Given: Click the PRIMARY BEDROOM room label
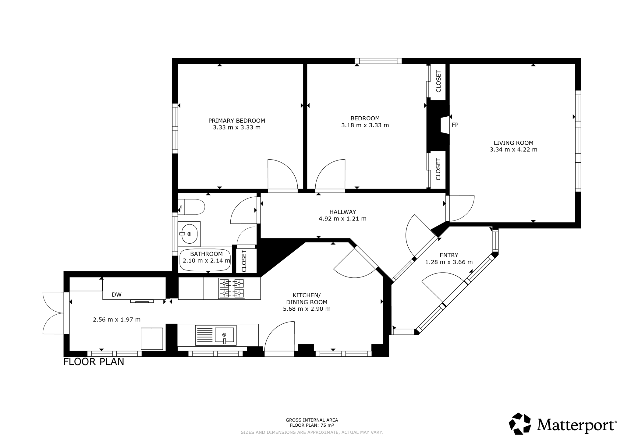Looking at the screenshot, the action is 237,121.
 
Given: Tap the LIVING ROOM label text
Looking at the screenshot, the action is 513,143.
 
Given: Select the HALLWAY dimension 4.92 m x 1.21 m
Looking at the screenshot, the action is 342,219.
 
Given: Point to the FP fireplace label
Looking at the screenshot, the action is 455,125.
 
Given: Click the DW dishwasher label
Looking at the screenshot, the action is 117,295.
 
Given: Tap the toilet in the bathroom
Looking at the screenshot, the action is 191,207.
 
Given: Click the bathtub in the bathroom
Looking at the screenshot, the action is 205,260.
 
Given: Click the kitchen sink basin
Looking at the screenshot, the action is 225,334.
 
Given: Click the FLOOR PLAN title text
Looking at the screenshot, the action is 94,362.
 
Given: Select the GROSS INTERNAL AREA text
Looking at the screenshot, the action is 312,420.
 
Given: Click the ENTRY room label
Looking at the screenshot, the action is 449,255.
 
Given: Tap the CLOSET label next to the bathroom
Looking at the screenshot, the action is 244,261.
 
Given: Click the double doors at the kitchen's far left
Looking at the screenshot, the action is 54,313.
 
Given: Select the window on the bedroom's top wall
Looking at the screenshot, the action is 378,61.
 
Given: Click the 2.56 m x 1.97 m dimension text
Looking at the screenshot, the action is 117,319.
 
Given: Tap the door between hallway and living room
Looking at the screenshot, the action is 460,208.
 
